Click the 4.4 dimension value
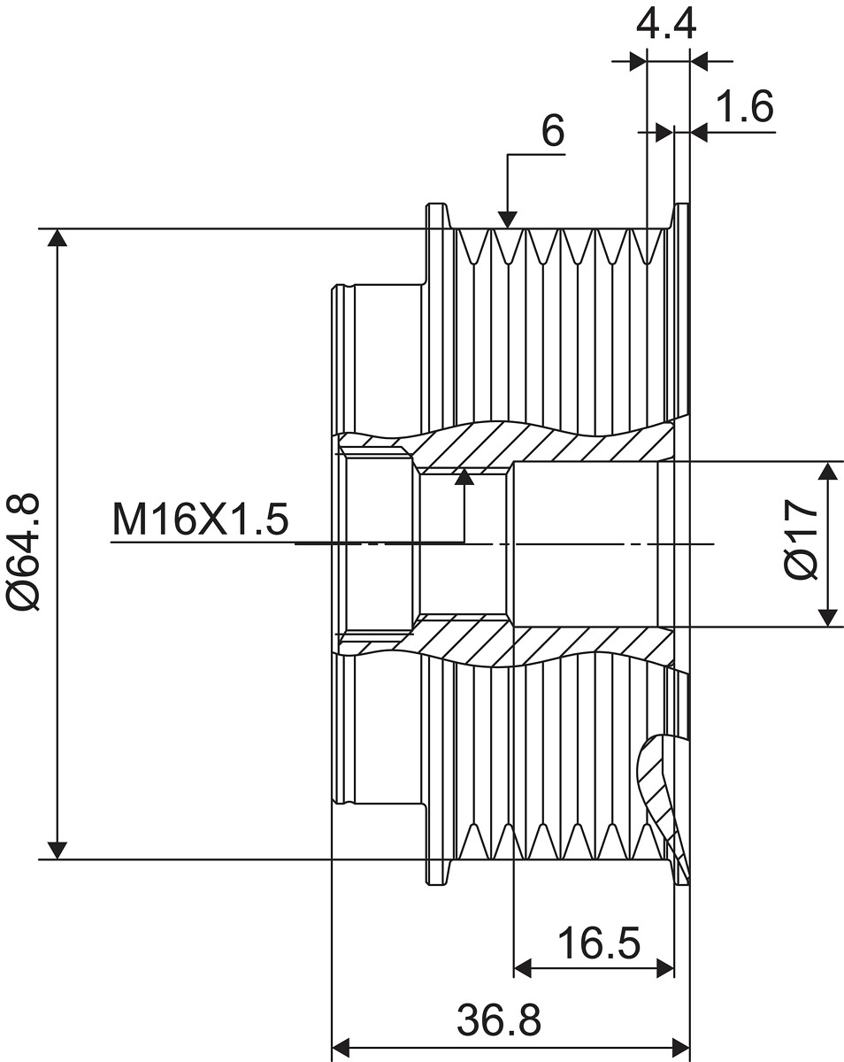point(665,24)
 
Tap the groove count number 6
point(553,131)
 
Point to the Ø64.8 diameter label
point(23,551)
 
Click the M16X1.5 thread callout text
point(200,519)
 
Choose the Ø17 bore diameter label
point(801,538)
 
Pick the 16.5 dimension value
point(599,943)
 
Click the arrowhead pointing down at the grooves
point(508,219)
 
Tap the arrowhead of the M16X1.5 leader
point(464,477)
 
